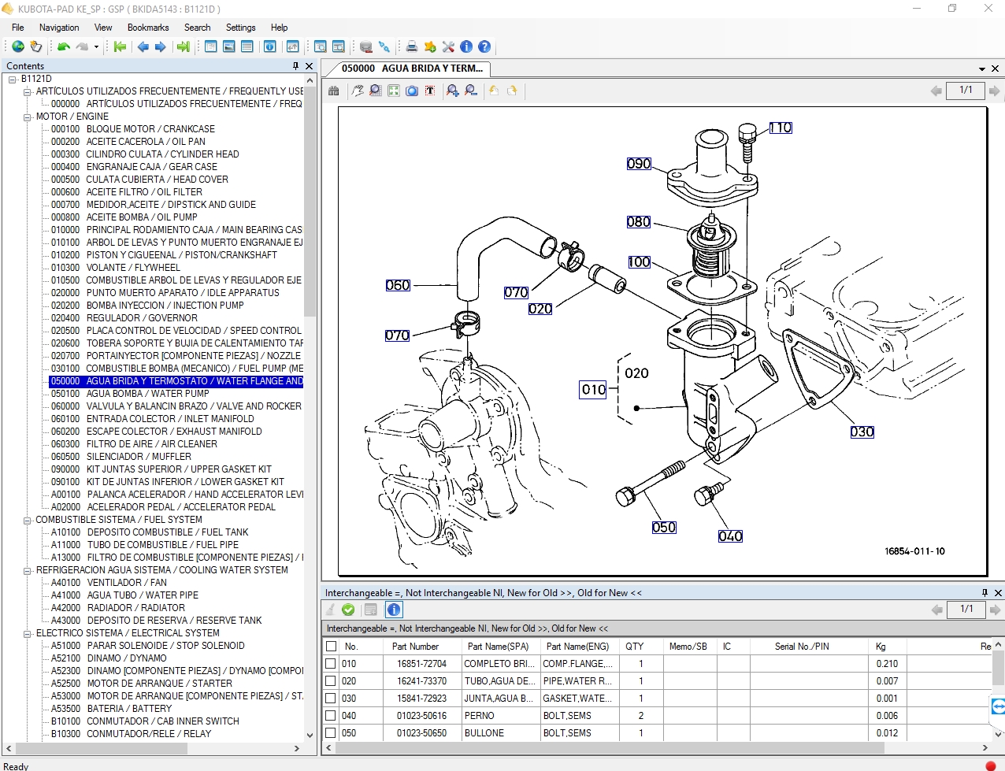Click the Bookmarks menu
(148, 28)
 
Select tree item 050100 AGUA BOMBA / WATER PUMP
(147, 394)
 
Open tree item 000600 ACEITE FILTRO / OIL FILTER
(143, 192)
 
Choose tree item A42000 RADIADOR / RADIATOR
(135, 608)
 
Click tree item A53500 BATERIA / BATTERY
(129, 709)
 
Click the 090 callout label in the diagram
(639, 164)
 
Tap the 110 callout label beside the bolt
(781, 128)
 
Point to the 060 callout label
(398, 285)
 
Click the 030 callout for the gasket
(862, 432)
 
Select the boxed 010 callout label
(593, 389)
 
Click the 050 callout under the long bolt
(664, 528)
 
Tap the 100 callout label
(639, 262)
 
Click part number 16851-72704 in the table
(421, 664)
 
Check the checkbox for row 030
(331, 699)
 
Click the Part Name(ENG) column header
(577, 647)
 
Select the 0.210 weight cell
(887, 664)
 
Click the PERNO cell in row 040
(479, 716)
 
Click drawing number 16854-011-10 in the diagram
(914, 551)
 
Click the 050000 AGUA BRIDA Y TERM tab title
(412, 69)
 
